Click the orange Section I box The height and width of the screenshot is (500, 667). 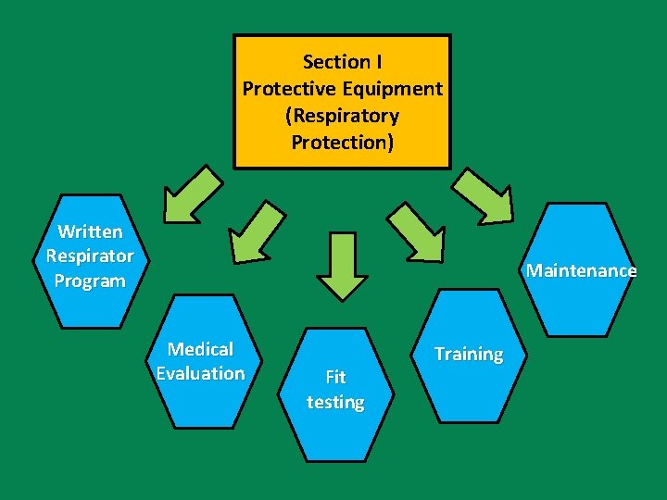[342, 102]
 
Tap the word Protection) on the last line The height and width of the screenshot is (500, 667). [342, 143]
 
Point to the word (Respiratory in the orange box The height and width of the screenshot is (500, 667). [342, 116]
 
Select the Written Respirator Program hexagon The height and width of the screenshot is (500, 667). [89, 261]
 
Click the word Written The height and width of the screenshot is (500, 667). [89, 231]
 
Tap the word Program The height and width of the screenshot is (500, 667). [89, 281]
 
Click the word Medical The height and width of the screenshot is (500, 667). [200, 349]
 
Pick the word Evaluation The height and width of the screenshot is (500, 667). [200, 373]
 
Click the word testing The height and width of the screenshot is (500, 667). [335, 403]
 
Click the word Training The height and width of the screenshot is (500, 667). [469, 354]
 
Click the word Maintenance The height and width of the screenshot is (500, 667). [581, 271]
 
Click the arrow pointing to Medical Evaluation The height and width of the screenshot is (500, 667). [257, 232]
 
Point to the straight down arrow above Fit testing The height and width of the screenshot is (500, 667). [342, 266]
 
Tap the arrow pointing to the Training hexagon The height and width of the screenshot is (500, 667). [416, 232]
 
